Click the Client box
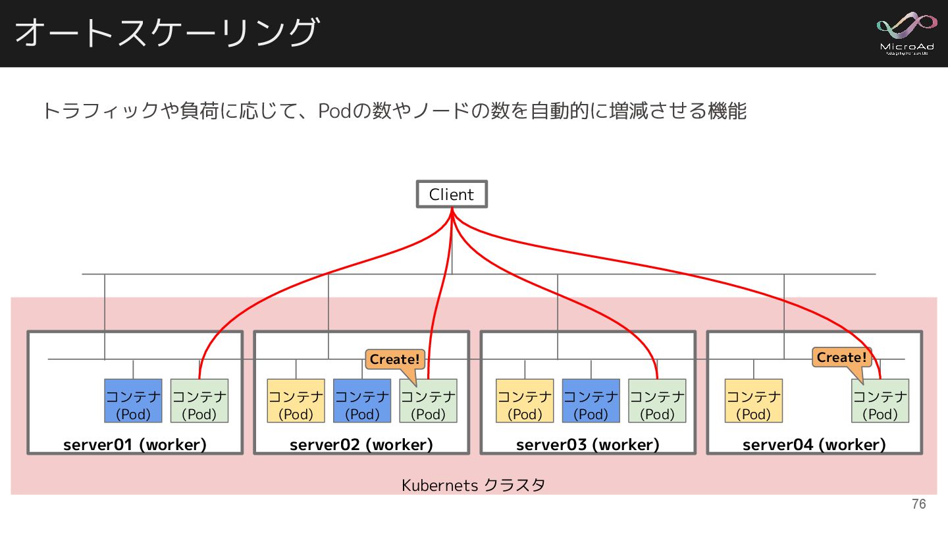tap(452, 194)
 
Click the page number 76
tap(918, 504)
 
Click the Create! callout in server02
tap(394, 360)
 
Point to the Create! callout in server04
tap(841, 358)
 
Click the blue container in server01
tap(133, 401)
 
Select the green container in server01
tap(199, 401)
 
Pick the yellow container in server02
tap(296, 401)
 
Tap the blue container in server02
tap(362, 401)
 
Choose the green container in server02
tap(428, 401)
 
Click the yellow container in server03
tap(525, 401)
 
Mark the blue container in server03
tap(591, 401)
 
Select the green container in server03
tap(657, 401)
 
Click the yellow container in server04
tap(753, 401)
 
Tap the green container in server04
tap(880, 401)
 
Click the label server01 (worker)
tap(135, 445)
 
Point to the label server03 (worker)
tap(588, 445)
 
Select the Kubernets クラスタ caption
tap(473, 486)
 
